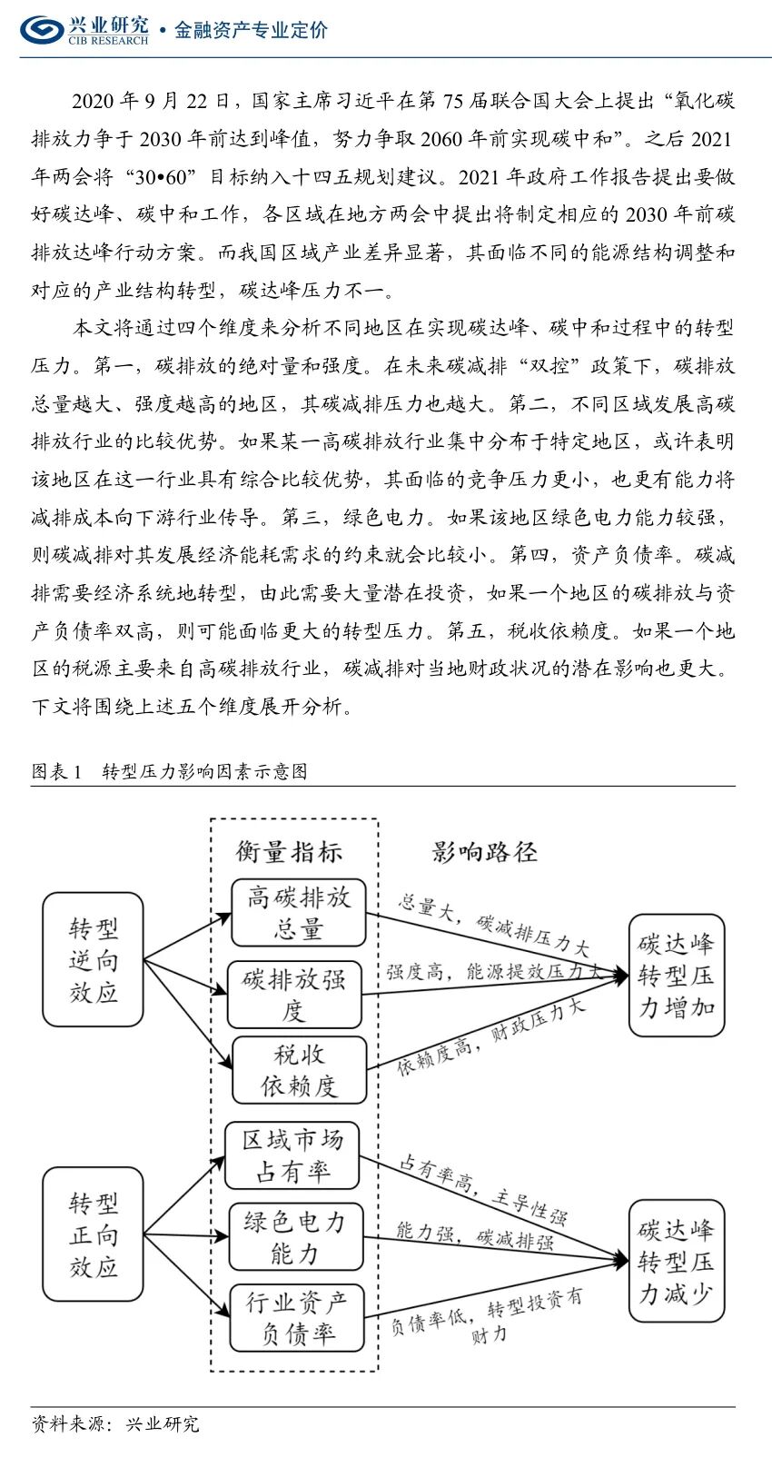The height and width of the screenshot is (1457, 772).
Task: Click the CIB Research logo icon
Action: (42, 29)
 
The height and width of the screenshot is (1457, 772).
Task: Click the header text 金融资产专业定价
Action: (251, 30)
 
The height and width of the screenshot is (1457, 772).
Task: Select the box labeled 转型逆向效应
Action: (94, 960)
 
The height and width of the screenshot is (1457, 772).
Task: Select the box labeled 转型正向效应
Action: (94, 1234)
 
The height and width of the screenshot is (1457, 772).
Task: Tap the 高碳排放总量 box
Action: (298, 913)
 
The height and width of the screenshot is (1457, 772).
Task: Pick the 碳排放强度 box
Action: (294, 995)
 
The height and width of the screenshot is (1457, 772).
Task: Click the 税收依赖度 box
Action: (299, 1069)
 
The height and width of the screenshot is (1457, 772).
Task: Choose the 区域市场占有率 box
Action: (292, 1155)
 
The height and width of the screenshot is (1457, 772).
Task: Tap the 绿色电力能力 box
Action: (295, 1237)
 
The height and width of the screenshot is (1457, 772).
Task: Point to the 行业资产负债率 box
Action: (296, 1317)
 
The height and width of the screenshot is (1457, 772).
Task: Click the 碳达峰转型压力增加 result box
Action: (677, 976)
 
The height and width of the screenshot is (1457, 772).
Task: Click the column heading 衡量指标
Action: (289, 851)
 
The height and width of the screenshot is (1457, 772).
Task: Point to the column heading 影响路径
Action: (484, 851)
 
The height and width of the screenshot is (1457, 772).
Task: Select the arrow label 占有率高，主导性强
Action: (484, 1189)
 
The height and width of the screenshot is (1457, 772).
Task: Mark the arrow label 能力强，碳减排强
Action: (475, 1235)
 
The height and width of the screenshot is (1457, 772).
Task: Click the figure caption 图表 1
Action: (56, 771)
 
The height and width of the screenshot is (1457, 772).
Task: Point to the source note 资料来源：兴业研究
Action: (115, 1423)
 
